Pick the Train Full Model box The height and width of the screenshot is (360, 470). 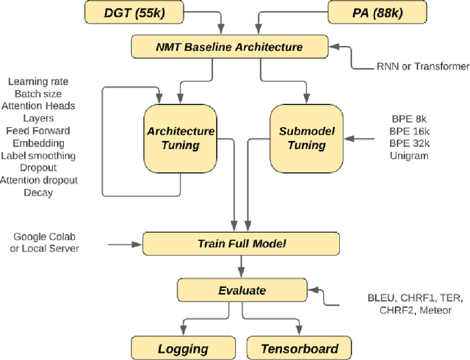(x=242, y=243)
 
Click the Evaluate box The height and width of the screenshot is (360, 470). (x=242, y=290)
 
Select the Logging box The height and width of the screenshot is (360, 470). (x=184, y=348)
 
